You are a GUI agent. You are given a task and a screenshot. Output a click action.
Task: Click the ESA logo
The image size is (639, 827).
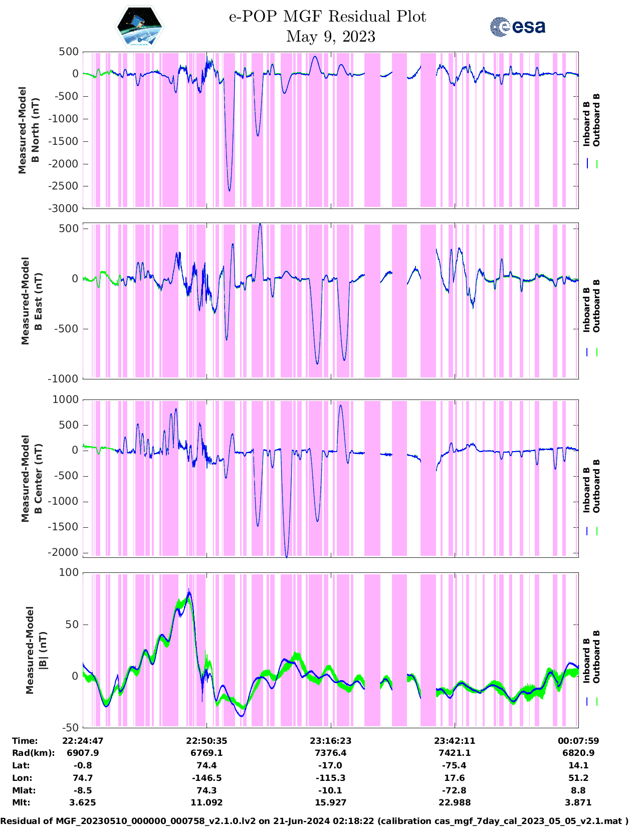(x=518, y=27)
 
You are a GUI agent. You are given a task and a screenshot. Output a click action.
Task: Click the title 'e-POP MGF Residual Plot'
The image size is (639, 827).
(x=327, y=17)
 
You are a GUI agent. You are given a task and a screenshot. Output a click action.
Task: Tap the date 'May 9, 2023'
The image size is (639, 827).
(x=330, y=37)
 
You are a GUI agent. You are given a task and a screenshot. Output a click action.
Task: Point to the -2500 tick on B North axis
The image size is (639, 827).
(x=65, y=186)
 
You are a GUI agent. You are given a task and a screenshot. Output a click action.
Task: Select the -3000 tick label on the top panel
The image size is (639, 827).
(x=65, y=209)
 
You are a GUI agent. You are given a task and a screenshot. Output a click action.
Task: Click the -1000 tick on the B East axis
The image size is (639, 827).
(x=63, y=379)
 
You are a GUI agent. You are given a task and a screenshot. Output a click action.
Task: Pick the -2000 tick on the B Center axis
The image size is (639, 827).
(x=65, y=552)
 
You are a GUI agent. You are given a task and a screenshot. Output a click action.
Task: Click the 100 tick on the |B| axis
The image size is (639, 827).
(x=69, y=572)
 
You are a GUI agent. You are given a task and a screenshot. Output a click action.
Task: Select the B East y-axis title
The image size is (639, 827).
(x=31, y=301)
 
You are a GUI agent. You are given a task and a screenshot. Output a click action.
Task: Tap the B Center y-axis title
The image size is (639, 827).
(x=31, y=478)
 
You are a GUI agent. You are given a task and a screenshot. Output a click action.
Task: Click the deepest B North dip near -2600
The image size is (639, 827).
(x=230, y=190)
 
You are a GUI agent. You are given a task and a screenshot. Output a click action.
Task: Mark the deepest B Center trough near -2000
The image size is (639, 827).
(x=287, y=556)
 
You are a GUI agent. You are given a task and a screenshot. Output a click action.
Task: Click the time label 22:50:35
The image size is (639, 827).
(x=206, y=741)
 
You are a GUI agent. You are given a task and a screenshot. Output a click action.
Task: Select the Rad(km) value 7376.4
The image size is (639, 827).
(x=330, y=753)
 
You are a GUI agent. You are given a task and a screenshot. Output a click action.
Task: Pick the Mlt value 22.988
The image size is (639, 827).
(x=455, y=802)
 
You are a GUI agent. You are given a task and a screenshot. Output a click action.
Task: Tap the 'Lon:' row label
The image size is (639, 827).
(x=22, y=778)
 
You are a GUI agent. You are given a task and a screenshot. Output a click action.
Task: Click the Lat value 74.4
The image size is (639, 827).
(x=206, y=765)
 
